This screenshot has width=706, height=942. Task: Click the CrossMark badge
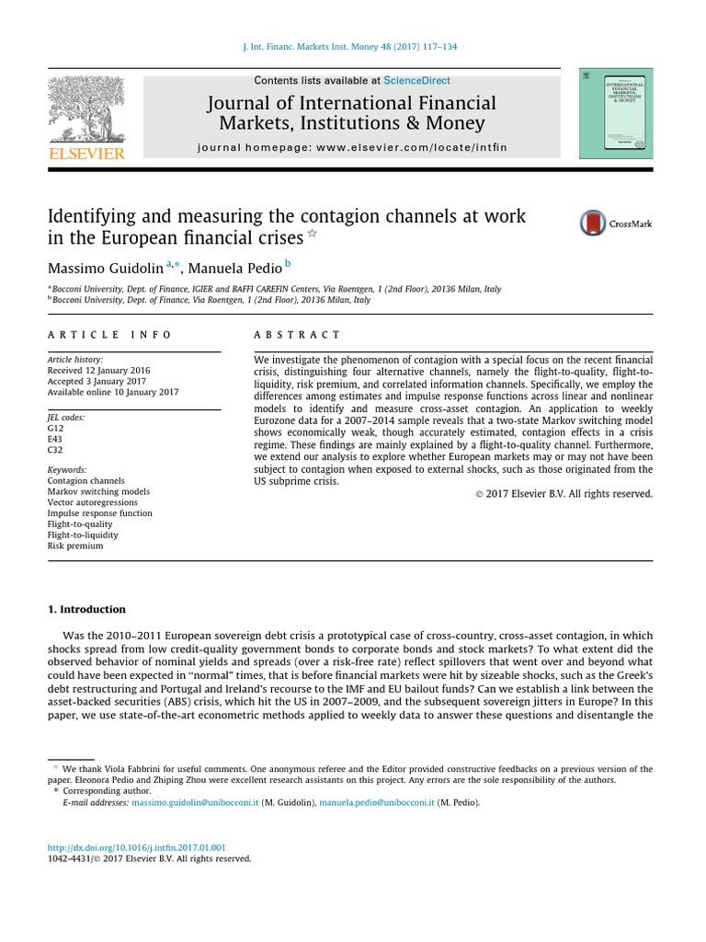(615, 224)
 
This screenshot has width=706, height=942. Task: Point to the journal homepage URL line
(352, 147)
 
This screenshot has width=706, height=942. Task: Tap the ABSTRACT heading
(297, 335)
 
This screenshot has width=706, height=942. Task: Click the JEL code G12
(55, 428)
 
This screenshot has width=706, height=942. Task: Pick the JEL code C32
(55, 450)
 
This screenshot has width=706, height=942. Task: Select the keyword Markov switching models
(98, 491)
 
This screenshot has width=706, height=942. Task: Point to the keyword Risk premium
(74, 546)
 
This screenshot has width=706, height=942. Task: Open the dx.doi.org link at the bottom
(136, 847)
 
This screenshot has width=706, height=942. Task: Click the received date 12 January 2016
(99, 370)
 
